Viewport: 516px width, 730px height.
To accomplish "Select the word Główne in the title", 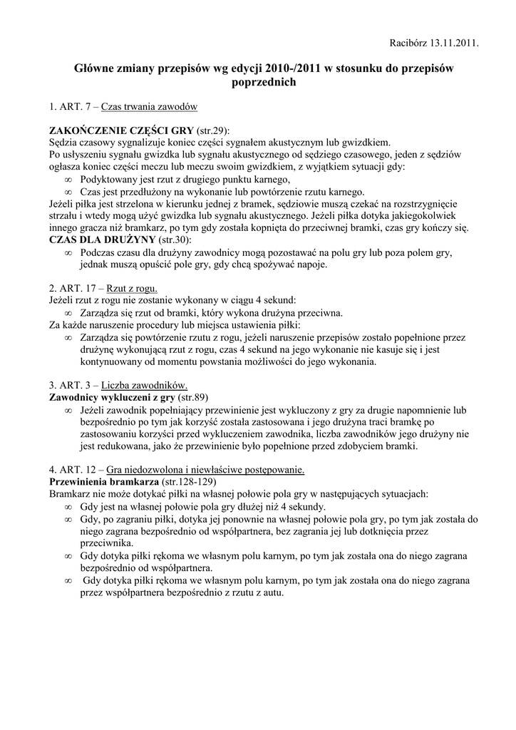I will click(x=96, y=68).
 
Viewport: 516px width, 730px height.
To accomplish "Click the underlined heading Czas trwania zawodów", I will click(x=149, y=106).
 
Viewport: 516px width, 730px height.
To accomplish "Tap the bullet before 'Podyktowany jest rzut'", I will click(x=69, y=180).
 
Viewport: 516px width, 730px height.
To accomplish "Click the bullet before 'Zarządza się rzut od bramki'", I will click(x=69, y=313).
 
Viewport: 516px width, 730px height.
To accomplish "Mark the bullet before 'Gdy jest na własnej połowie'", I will click(x=69, y=507).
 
